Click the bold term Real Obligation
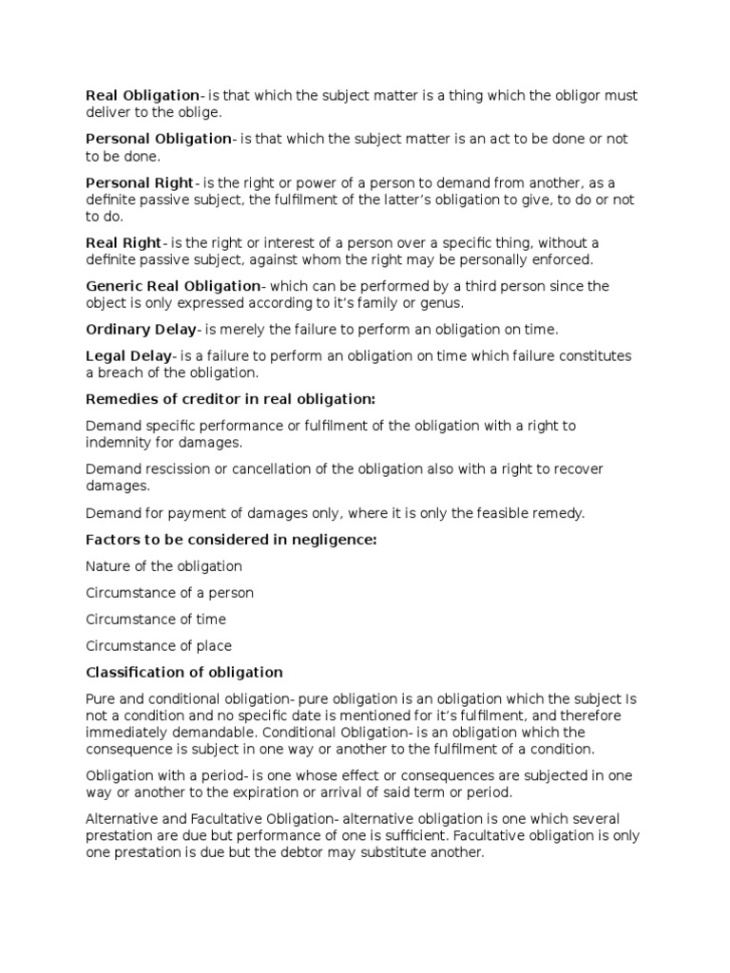143,95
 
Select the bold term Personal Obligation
159,139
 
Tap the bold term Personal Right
139,182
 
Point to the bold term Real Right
124,243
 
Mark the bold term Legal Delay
129,356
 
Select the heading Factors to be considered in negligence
232,540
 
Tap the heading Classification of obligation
184,672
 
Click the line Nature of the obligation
163,566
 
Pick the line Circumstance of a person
170,593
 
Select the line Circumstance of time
156,620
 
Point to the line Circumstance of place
159,646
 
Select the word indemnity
115,443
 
